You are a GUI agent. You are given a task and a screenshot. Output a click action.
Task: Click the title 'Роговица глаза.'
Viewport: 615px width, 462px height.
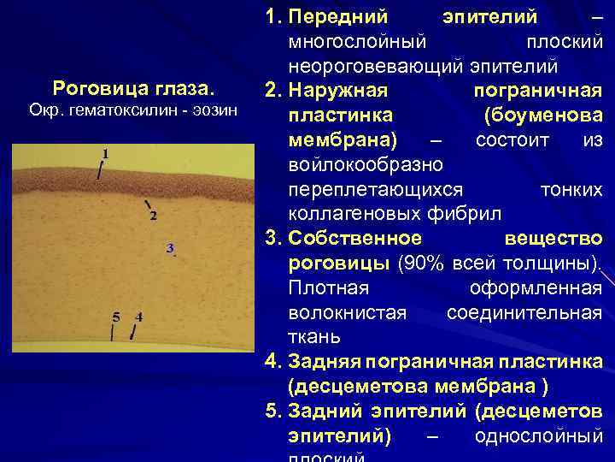[x=133, y=88]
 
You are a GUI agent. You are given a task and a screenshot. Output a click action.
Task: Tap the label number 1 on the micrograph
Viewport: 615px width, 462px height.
[x=105, y=153]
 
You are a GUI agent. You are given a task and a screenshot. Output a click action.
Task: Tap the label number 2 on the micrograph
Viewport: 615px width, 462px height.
[x=153, y=216]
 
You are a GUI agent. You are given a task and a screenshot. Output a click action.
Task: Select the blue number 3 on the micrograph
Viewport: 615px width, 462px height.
[x=170, y=248]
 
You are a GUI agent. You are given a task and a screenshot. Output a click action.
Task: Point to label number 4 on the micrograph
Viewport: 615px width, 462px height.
[x=139, y=316]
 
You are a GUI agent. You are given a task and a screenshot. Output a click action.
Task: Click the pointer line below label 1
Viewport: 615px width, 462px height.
[x=101, y=169]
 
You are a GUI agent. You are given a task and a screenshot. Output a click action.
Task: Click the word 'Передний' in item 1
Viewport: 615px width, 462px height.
[x=338, y=17]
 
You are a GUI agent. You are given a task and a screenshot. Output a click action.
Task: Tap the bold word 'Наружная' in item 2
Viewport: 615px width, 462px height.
[x=339, y=90]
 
